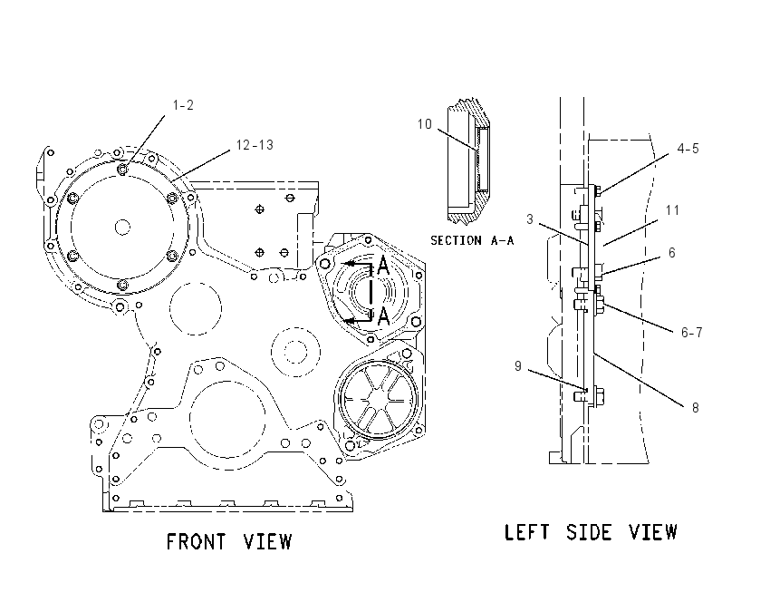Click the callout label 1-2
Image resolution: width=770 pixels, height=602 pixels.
(183, 105)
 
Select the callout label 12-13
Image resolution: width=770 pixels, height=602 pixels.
(255, 145)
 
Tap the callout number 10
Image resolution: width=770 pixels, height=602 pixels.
(424, 124)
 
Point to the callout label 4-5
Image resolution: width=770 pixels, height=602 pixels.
(688, 149)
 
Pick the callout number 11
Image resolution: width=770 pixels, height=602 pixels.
(672, 210)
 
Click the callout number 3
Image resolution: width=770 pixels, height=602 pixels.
(529, 219)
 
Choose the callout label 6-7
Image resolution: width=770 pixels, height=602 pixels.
(691, 333)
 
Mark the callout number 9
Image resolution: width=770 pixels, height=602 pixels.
(518, 366)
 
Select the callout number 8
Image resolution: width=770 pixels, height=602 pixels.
(695, 407)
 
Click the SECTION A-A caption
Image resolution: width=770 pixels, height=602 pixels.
(472, 240)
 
